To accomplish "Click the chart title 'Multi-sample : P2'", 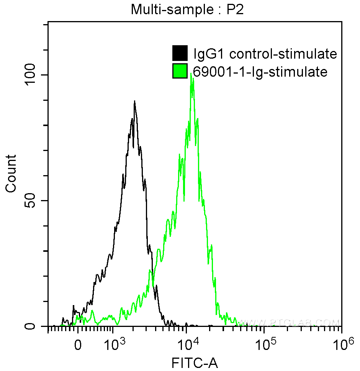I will (x=187, y=9).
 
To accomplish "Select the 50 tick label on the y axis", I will (x=34, y=201).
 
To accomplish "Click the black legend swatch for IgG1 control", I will (x=180, y=53).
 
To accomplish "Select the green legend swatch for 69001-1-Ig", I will (x=180, y=71).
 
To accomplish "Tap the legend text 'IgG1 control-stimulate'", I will (x=265, y=54).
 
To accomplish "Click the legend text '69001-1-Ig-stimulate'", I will (x=260, y=72).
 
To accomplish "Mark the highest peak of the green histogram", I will (x=191, y=74).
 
